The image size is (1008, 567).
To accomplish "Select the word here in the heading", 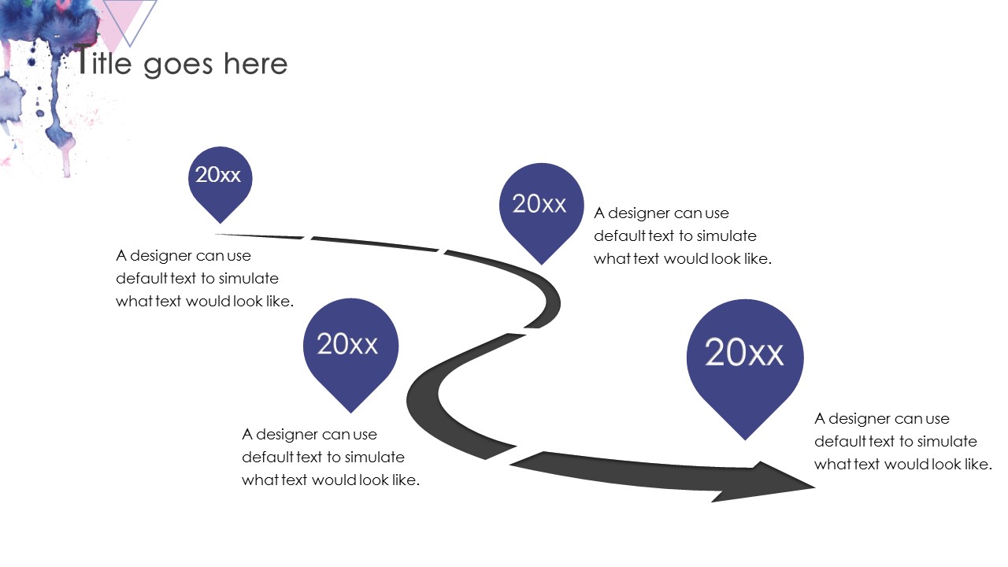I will pos(255,64).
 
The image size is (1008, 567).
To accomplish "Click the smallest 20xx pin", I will pos(220,178).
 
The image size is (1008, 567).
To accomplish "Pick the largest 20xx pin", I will pos(745,358).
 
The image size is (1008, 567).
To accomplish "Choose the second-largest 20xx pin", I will pos(350,347).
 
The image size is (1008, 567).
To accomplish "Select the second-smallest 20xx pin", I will pos(541,206).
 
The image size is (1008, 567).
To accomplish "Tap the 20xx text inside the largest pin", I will pos(745,352).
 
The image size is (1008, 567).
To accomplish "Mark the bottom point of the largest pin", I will pos(745,438).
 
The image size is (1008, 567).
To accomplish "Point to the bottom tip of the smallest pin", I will pos(220,222).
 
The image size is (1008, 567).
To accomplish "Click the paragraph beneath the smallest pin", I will pos(204,278).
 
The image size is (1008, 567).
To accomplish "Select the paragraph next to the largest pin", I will pos(902,441).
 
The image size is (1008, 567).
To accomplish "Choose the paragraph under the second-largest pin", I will pos(330,457).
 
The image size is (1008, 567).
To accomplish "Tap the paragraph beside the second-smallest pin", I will pos(682,235).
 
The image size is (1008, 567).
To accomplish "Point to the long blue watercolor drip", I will pos(54,110).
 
